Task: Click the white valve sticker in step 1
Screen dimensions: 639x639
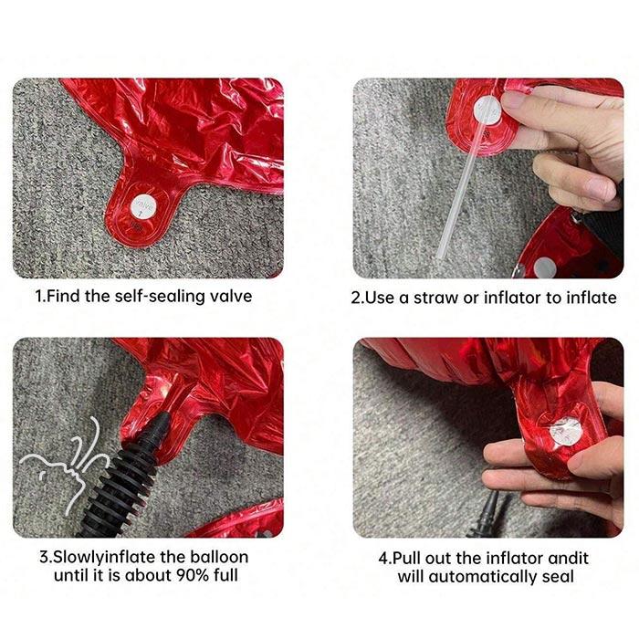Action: point(143,206)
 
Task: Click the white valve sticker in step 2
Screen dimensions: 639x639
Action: point(487,110)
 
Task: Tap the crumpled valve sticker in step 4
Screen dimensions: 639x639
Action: point(565,431)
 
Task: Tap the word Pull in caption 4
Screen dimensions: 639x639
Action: point(406,558)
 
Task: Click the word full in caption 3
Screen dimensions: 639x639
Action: point(225,575)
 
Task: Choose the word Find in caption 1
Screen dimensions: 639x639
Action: point(64,297)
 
